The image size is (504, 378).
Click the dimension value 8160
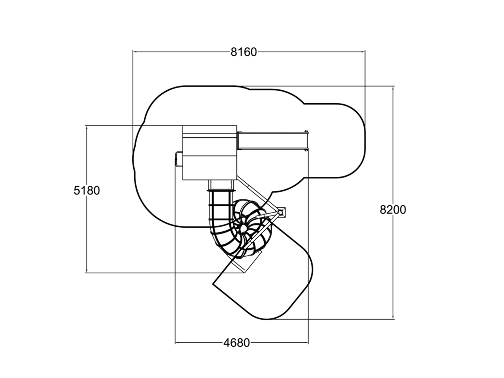(x=243, y=52)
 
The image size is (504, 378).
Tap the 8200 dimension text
(x=392, y=210)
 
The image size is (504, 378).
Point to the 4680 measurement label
(x=237, y=343)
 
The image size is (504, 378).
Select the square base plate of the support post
(x=282, y=212)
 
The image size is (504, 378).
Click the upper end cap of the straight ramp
(x=306, y=132)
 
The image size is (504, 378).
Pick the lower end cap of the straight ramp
(x=306, y=150)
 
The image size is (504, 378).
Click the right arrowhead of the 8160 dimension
(x=363, y=52)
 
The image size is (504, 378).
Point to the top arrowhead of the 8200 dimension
(x=393, y=89)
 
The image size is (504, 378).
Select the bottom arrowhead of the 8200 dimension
(x=393, y=317)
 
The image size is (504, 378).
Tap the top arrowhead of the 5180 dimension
(x=87, y=128)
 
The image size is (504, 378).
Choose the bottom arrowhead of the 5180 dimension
(x=87, y=270)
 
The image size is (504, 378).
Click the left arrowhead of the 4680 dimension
(x=177, y=343)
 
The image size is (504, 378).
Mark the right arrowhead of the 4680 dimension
(x=306, y=343)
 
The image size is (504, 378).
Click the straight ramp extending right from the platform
(x=272, y=141)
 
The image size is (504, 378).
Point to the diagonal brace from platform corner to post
(x=258, y=194)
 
